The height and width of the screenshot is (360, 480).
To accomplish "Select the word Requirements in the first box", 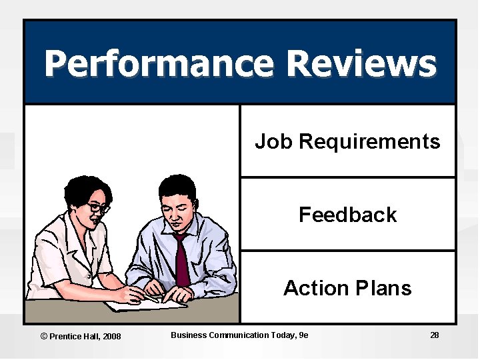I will tap(370, 141).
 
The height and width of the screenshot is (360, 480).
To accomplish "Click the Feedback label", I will tap(347, 215).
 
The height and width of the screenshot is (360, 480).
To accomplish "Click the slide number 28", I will tap(435, 335).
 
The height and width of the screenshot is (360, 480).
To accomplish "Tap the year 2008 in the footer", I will tap(111, 336).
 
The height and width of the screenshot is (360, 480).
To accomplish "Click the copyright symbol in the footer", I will tap(44, 336).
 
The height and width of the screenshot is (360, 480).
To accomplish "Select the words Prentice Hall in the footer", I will tap(74, 336).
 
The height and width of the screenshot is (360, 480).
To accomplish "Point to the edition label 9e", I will tap(304, 335).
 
